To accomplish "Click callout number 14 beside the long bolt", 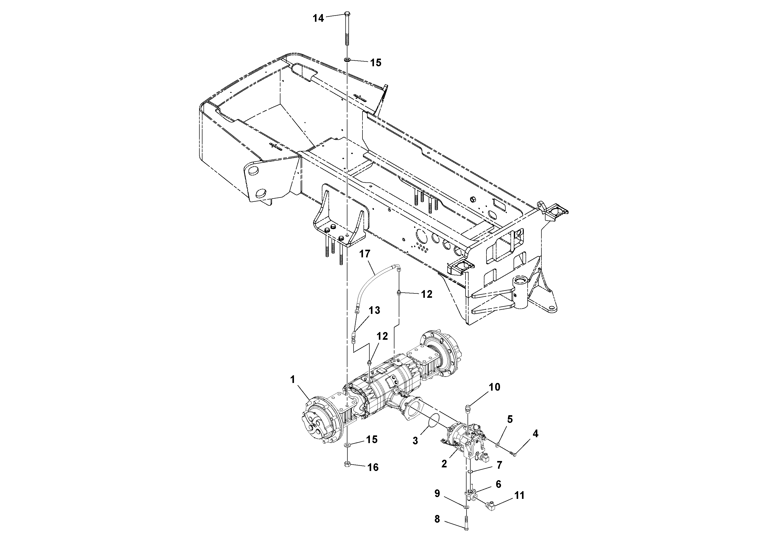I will tap(318, 18).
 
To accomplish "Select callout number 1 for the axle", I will tap(292, 379).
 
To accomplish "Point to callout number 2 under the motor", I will tap(444, 464).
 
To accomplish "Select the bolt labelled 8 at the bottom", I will tap(467, 524).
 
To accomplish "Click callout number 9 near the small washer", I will tap(437, 493).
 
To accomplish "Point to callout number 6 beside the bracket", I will tap(498, 484).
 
